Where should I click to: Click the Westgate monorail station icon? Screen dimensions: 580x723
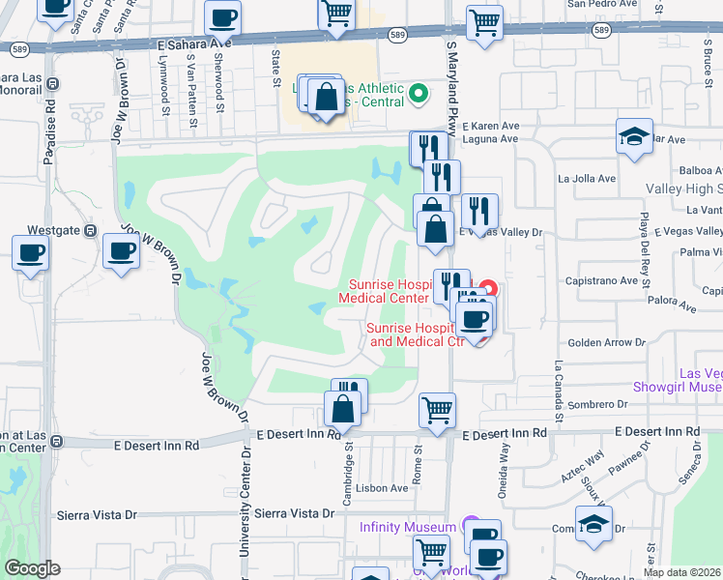90,231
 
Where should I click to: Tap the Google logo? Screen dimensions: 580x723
32,568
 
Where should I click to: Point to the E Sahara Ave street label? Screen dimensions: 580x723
194,43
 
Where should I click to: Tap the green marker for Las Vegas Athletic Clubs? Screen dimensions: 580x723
419,94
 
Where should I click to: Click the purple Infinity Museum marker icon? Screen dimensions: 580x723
471,527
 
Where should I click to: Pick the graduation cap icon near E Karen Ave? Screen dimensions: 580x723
635,136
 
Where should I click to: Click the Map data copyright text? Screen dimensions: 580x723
682,572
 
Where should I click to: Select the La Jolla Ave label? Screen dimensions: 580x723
587,179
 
